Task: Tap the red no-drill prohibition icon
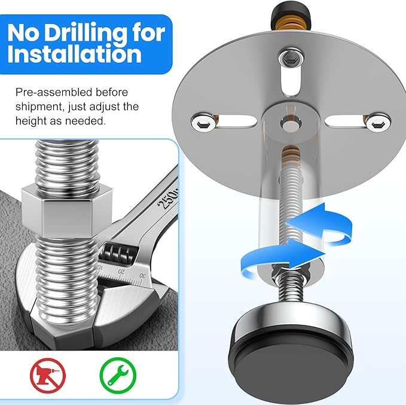47,373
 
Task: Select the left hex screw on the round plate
200,124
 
